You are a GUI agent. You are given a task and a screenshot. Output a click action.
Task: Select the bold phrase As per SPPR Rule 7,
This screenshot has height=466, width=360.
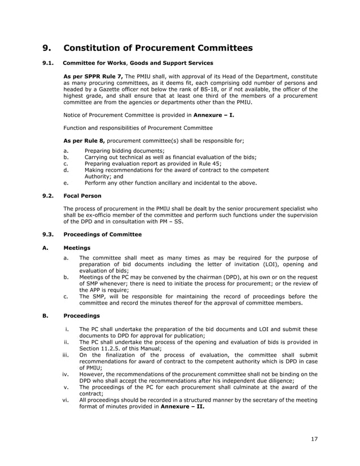pyautogui.click(x=93, y=76)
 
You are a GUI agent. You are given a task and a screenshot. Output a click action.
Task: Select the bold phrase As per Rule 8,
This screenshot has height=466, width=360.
pyautogui.click(x=85, y=139)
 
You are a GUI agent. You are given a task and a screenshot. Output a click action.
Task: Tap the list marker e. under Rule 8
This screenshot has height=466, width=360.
pyautogui.click(x=67, y=183)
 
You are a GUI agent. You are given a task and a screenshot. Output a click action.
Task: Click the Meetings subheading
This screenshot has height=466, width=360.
pyautogui.click(x=76, y=247)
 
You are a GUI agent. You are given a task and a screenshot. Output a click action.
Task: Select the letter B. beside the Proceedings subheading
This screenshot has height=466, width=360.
pyautogui.click(x=45, y=316)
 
